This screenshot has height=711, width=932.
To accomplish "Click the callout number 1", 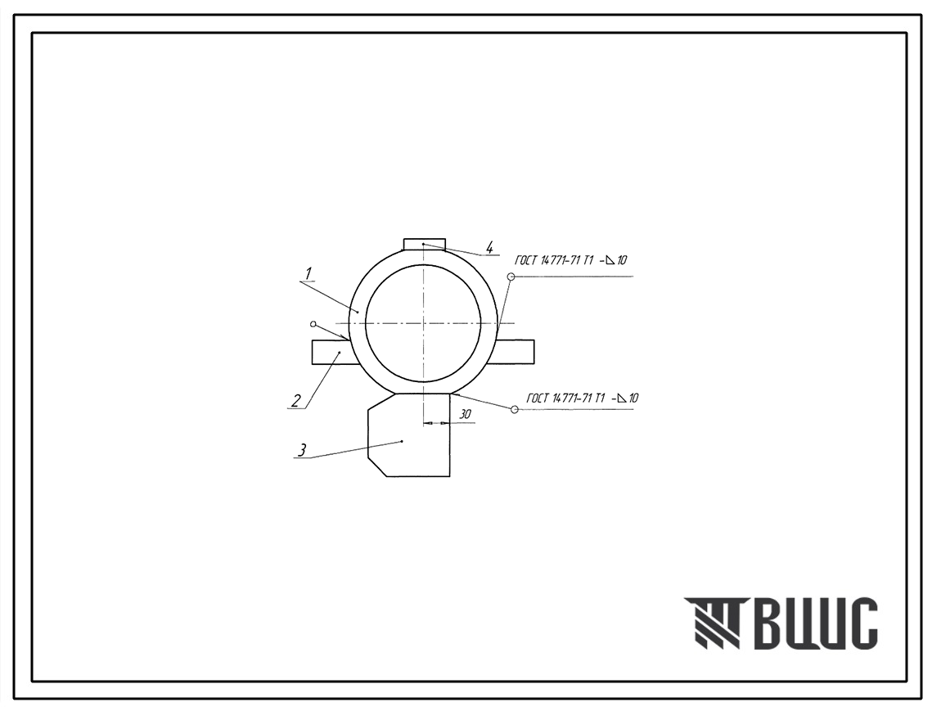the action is tap(308, 274).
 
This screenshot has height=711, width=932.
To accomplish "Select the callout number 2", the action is tap(296, 401).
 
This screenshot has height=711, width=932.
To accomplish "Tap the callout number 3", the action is tap(302, 450).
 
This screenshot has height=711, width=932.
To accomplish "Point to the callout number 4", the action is tap(489, 247).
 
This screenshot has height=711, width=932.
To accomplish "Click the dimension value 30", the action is tap(466, 414).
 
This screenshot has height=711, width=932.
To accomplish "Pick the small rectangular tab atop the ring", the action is tap(425, 244).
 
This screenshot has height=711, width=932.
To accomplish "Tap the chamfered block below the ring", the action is tap(409, 434).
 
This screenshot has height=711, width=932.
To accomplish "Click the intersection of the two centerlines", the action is tap(422, 323).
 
